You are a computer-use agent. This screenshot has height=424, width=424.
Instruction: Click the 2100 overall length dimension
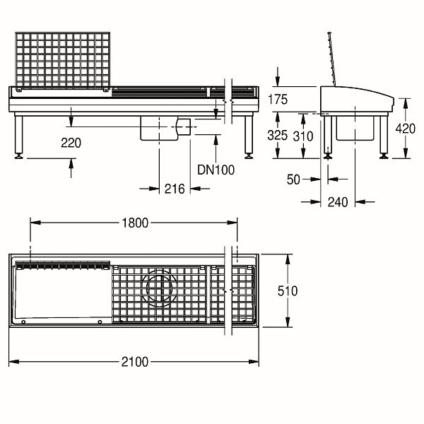135,362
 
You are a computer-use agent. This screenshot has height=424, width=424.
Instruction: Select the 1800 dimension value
135,223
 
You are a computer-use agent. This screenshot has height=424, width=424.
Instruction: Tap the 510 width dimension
288,291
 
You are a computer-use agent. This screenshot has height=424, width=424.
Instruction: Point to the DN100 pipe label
216,170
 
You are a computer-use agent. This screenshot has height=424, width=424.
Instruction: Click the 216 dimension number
175,189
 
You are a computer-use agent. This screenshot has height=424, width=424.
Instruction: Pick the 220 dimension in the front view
71,143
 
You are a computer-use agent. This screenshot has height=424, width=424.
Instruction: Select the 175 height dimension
278,100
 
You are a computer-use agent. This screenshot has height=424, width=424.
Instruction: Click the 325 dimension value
278,135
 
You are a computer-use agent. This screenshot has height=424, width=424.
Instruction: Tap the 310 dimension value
303,136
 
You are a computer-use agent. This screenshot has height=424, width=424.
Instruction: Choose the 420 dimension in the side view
406,129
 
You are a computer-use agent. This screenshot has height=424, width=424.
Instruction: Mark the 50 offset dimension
293,179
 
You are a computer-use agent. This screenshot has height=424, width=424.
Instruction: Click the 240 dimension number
338,202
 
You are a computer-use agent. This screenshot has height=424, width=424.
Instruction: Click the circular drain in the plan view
159,288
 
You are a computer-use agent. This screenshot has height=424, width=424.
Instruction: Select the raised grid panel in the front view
63,61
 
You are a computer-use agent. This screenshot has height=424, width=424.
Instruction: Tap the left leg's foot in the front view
18,155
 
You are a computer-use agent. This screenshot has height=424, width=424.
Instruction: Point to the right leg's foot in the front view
249,155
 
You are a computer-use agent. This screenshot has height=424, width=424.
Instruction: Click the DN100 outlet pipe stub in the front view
184,126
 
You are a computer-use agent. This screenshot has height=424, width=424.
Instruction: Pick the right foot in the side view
384,155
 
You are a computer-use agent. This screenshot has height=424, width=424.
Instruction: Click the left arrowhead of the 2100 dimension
14,362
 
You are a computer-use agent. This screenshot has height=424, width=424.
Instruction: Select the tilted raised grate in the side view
332,59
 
